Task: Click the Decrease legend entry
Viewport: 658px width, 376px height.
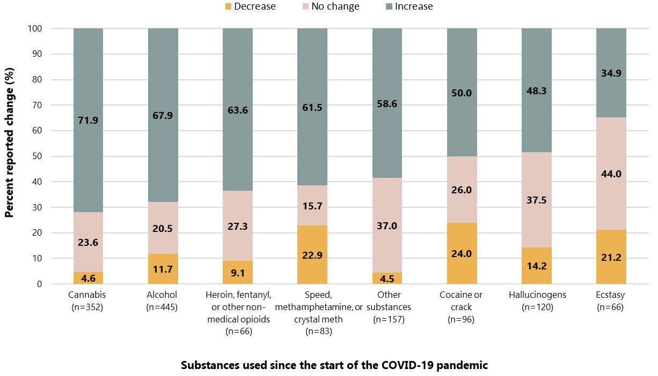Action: point(251,7)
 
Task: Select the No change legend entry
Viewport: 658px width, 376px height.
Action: point(328,7)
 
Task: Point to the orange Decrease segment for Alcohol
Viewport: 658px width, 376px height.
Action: point(163,269)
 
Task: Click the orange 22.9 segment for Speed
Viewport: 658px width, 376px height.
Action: point(312,255)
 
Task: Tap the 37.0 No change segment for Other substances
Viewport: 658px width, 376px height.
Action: point(386,225)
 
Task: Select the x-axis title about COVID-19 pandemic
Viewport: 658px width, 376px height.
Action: point(334,366)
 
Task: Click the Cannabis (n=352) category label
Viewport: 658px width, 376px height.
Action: point(88,300)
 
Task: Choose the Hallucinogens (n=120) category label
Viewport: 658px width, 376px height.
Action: point(536,300)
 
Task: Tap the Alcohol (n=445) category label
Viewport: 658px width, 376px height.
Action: point(163,300)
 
